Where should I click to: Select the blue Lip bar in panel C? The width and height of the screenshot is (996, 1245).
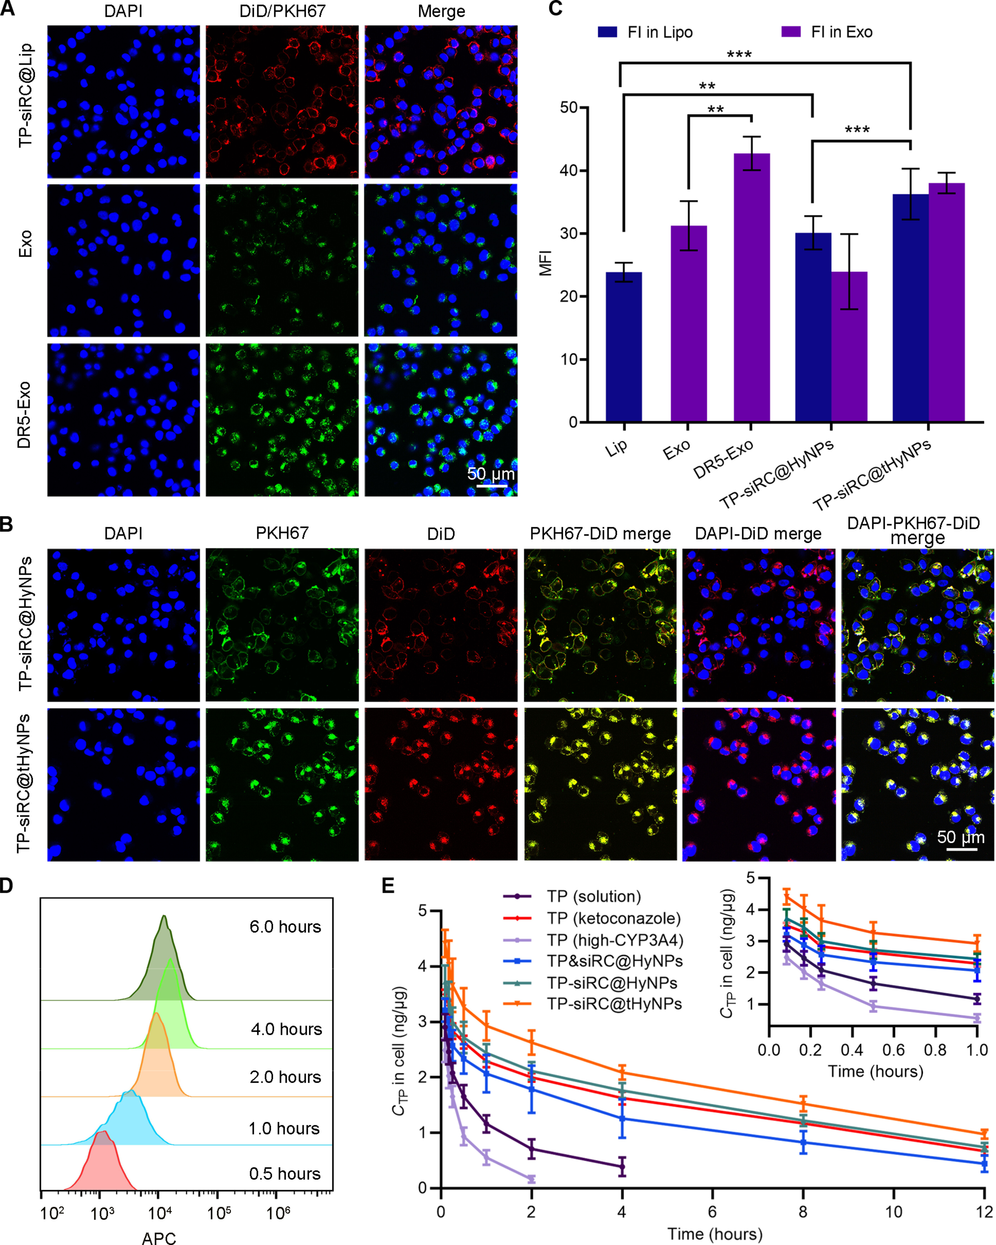(624, 346)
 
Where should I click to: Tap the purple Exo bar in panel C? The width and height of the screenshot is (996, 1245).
(688, 323)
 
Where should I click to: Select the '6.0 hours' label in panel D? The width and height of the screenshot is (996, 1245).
(285, 927)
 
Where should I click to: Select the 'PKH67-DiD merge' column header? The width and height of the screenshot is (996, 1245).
(600, 534)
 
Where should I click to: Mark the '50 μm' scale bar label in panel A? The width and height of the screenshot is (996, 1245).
(490, 474)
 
